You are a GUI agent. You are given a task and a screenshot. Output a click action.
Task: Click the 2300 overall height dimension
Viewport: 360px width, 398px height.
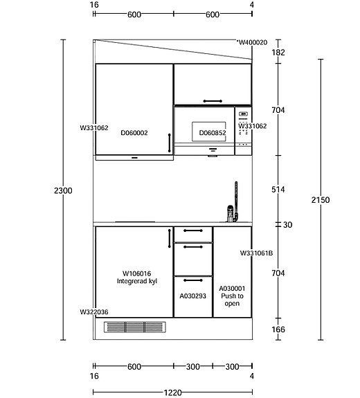pos(63,190)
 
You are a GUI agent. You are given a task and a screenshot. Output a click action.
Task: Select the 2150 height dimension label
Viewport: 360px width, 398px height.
pos(321,200)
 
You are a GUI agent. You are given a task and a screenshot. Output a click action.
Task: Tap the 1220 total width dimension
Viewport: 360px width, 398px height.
pos(172,392)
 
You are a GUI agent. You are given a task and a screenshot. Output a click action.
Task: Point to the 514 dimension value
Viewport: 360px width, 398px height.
pos(278,190)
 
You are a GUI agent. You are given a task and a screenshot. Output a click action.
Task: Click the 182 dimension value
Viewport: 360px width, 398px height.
pos(278,53)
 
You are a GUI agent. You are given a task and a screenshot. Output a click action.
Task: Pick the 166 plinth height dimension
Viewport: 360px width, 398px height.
pos(278,329)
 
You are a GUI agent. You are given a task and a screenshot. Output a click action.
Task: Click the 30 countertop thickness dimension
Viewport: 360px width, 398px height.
pos(287,225)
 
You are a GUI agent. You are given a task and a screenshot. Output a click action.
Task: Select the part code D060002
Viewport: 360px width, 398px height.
pos(134,133)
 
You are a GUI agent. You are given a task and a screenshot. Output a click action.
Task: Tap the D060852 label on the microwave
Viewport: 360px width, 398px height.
pos(213,133)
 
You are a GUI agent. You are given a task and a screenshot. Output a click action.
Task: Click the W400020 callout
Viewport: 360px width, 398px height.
pos(253,42)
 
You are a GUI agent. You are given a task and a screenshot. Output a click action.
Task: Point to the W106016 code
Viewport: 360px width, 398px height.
pos(136,273)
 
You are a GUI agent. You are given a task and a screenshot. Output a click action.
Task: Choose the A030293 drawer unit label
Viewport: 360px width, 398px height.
pos(192,296)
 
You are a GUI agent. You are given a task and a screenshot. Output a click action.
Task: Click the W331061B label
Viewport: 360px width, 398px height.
pos(256,253)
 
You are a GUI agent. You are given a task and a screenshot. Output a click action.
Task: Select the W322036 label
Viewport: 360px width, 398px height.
pos(94,312)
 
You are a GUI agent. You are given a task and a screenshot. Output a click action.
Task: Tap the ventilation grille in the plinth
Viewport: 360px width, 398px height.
pos(135,327)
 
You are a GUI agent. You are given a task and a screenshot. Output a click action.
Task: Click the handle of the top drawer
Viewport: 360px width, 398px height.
pos(193,230)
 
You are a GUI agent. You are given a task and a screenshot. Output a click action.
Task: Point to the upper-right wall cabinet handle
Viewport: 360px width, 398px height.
pos(213,101)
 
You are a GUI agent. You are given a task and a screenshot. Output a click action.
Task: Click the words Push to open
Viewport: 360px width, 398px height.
pos(232,300)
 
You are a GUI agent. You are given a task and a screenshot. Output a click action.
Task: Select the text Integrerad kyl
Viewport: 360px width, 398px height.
pos(137,281)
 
